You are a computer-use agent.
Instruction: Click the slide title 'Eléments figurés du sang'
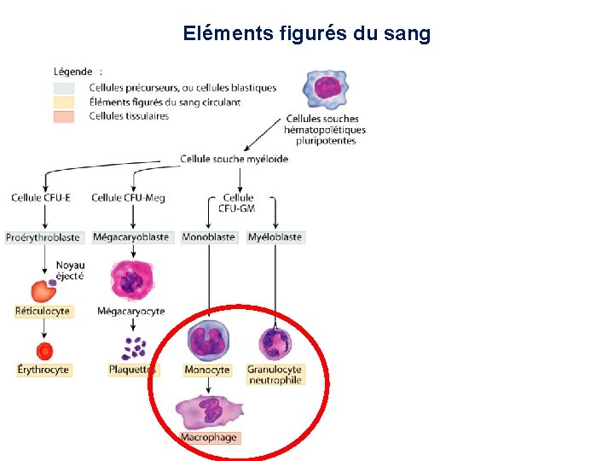306,34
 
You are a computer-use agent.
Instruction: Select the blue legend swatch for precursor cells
66,88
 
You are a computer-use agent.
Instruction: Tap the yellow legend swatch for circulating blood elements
66,102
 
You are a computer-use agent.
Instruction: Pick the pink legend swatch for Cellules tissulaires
66,117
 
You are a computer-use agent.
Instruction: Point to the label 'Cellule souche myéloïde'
235,159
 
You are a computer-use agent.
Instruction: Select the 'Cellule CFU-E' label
41,198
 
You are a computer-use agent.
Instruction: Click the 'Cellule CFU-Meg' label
129,198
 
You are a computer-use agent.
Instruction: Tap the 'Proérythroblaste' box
43,237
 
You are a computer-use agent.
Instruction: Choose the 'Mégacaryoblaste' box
130,237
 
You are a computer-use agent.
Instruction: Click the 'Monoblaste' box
208,237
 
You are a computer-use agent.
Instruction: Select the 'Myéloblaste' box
275,237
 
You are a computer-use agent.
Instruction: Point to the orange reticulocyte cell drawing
43,290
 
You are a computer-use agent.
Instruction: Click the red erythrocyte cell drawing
44,350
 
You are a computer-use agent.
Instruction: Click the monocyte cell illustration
208,341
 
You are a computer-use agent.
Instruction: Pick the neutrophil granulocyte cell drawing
275,343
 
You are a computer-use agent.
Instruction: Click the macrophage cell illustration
209,411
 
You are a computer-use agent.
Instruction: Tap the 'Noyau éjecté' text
70,271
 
